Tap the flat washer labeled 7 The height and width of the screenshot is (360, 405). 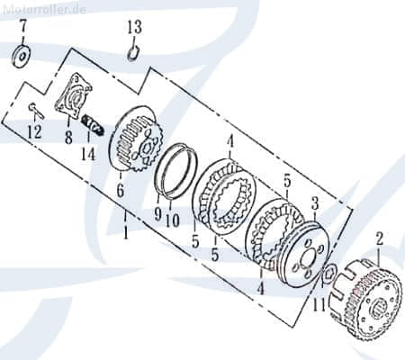[x=21, y=57]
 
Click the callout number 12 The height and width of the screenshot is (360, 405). [x=35, y=132]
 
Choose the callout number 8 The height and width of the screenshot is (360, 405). [x=68, y=137]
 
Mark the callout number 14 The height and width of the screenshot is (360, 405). [x=88, y=153]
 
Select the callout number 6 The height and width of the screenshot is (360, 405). [x=120, y=191]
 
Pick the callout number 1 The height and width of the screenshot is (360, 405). [x=125, y=231]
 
